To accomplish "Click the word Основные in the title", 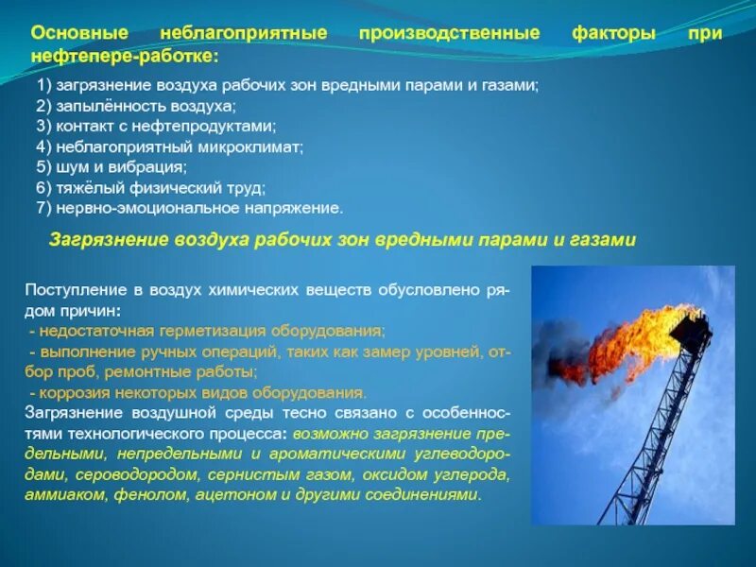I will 74,34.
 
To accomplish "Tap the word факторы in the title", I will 613,34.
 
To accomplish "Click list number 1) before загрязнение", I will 44,86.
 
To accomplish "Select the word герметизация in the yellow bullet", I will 221,331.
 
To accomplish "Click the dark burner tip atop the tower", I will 691,331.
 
